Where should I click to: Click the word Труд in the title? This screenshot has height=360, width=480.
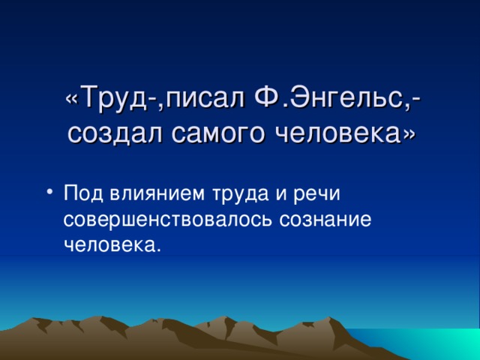[x=110, y=97]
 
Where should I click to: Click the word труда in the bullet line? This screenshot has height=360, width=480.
[x=231, y=194]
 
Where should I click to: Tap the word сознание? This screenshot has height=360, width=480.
[x=325, y=219]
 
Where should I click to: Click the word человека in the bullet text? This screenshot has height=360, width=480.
[x=109, y=244]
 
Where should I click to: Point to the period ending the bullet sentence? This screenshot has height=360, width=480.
[x=157, y=249]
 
